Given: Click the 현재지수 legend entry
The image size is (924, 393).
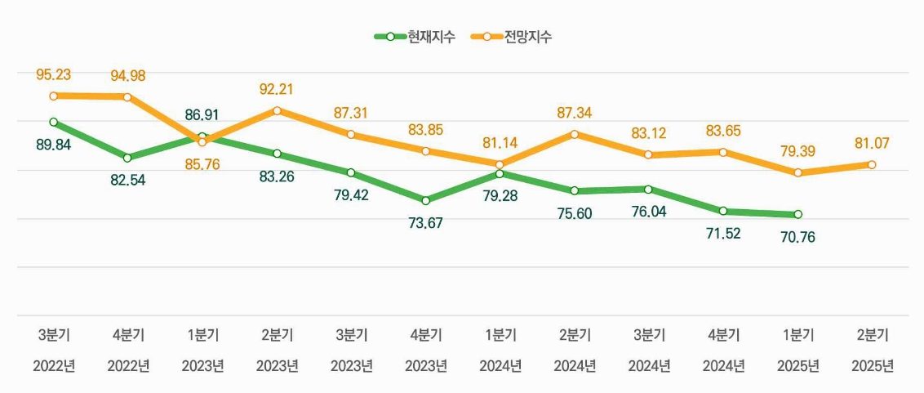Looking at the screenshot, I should coord(414,37).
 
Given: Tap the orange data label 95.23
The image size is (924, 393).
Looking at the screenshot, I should coord(54,75).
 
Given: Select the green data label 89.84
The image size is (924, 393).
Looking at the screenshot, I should coord(54,145).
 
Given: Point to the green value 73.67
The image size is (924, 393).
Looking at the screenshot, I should coord(425,223).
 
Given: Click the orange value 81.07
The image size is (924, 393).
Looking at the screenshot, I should coord(872,143).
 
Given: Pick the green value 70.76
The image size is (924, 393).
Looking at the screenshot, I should coord(797,238).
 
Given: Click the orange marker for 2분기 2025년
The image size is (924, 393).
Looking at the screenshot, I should coord(872,165).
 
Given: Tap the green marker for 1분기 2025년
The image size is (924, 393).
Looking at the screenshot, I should coord(797,214).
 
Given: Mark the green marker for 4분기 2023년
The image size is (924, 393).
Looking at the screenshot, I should coord(425,200).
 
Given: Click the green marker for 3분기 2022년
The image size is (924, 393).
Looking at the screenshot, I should coord(54,122).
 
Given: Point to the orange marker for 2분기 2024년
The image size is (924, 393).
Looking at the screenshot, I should coord(575,134).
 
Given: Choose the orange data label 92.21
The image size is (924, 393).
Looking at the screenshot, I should coord(277,89).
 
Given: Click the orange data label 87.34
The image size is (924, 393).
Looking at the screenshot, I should coord(575,113).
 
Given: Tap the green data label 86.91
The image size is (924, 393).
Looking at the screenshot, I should coord(202,115).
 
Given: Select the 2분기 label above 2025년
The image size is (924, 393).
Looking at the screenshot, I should coord(872,335).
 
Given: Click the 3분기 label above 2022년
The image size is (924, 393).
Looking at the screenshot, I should coord(54,335).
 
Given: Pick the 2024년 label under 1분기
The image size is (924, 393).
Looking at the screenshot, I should coord(500,366).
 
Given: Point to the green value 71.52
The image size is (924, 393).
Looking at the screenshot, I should coord(723,234).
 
